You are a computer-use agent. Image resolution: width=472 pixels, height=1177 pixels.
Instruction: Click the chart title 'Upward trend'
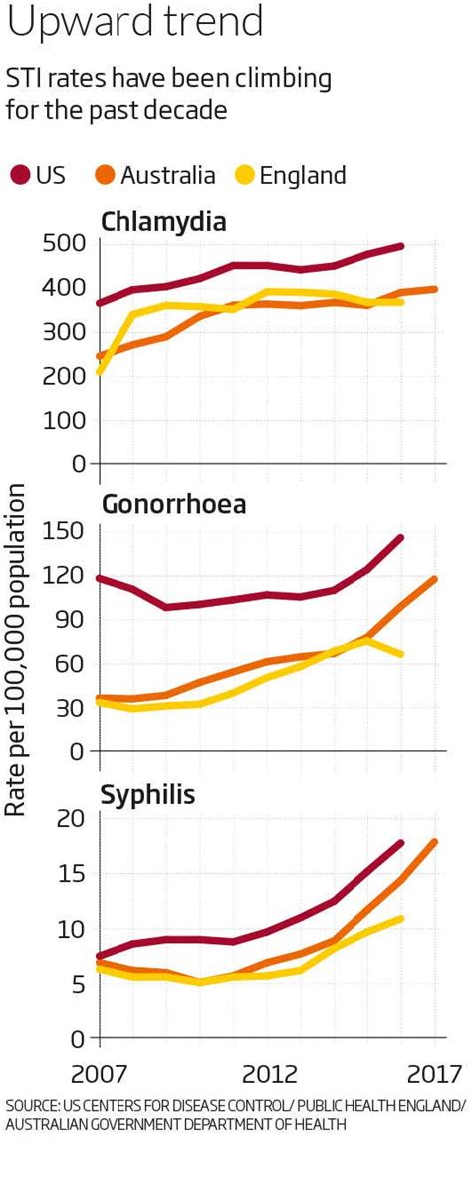(x=135, y=22)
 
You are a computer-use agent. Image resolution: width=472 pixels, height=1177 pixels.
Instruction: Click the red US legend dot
(x=19, y=176)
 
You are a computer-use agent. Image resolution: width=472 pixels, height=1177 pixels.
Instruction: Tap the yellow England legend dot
(x=243, y=176)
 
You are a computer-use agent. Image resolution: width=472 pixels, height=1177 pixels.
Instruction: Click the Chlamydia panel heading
(x=163, y=221)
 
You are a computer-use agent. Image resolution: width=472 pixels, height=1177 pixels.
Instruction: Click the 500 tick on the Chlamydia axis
(x=65, y=244)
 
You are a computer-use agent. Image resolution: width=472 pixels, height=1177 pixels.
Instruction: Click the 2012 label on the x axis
(x=270, y=1076)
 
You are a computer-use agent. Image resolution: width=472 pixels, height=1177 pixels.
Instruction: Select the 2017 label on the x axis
(x=435, y=1076)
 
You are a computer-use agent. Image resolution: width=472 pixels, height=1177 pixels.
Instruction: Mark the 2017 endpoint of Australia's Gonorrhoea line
(x=434, y=579)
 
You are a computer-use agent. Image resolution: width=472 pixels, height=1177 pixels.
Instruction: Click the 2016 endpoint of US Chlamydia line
(x=401, y=246)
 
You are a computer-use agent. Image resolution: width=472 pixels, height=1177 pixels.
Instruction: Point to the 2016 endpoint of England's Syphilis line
(x=401, y=918)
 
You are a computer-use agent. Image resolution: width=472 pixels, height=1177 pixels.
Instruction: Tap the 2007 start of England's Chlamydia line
(x=100, y=371)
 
